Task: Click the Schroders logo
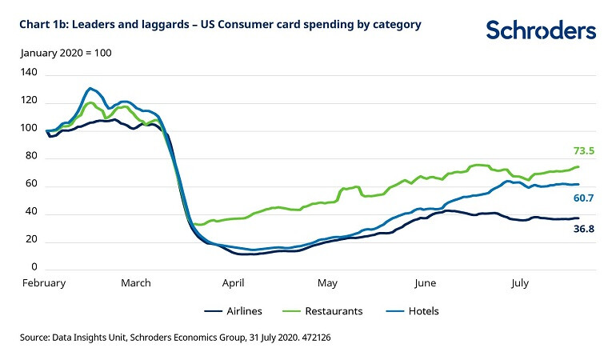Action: pyautogui.click(x=541, y=30)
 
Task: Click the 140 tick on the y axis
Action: pyautogui.click(x=29, y=72)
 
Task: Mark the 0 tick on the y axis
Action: pyautogui.click(x=34, y=267)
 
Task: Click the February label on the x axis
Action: pyautogui.click(x=43, y=282)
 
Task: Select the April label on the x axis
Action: pyautogui.click(x=233, y=282)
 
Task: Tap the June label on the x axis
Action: pyautogui.click(x=425, y=282)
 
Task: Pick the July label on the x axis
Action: pyautogui.click(x=520, y=282)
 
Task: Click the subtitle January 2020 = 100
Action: pyautogui.click(x=66, y=53)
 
